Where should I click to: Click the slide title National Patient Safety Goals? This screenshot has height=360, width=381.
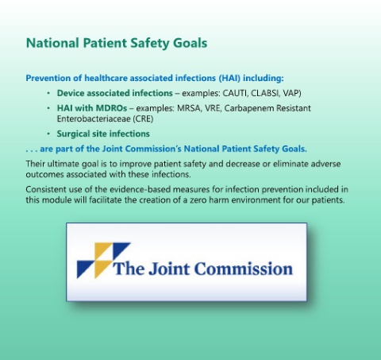click(x=117, y=44)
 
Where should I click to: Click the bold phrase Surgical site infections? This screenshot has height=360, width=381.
click(x=103, y=134)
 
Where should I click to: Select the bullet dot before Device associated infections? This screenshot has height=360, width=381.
click(x=48, y=93)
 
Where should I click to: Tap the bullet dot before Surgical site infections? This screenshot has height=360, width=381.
click(x=48, y=134)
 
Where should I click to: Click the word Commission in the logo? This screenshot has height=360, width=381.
click(x=244, y=269)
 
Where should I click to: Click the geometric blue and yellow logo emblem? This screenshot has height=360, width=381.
click(x=103, y=261)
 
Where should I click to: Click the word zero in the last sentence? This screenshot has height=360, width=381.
click(x=198, y=200)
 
